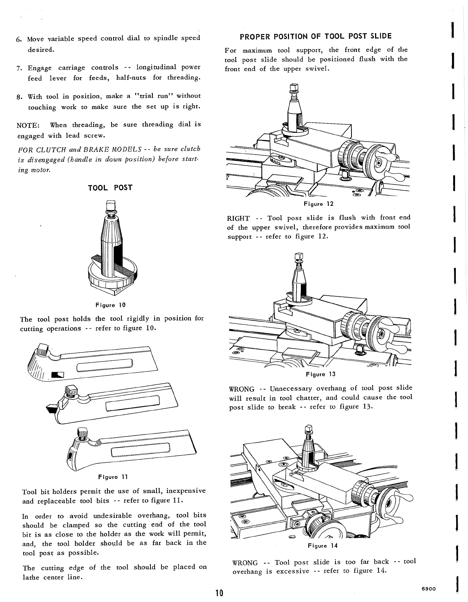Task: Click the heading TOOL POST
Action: pyautogui.click(x=110, y=188)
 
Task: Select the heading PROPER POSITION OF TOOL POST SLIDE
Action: pyautogui.click(x=316, y=36)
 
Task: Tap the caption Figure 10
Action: pyautogui.click(x=110, y=305)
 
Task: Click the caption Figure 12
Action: pyautogui.click(x=319, y=204)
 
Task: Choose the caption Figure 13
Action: pyautogui.click(x=321, y=374)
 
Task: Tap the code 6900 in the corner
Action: pyautogui.click(x=429, y=588)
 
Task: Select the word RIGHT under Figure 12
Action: pyautogui.click(x=238, y=218)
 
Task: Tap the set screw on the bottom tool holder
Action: pyautogui.click(x=83, y=434)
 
